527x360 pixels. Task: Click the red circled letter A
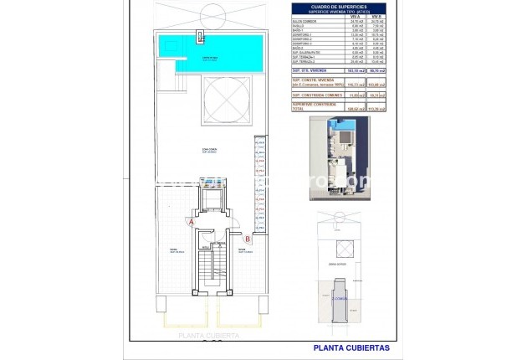(x=192, y=223)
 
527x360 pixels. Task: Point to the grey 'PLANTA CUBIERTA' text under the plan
(x=207, y=335)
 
